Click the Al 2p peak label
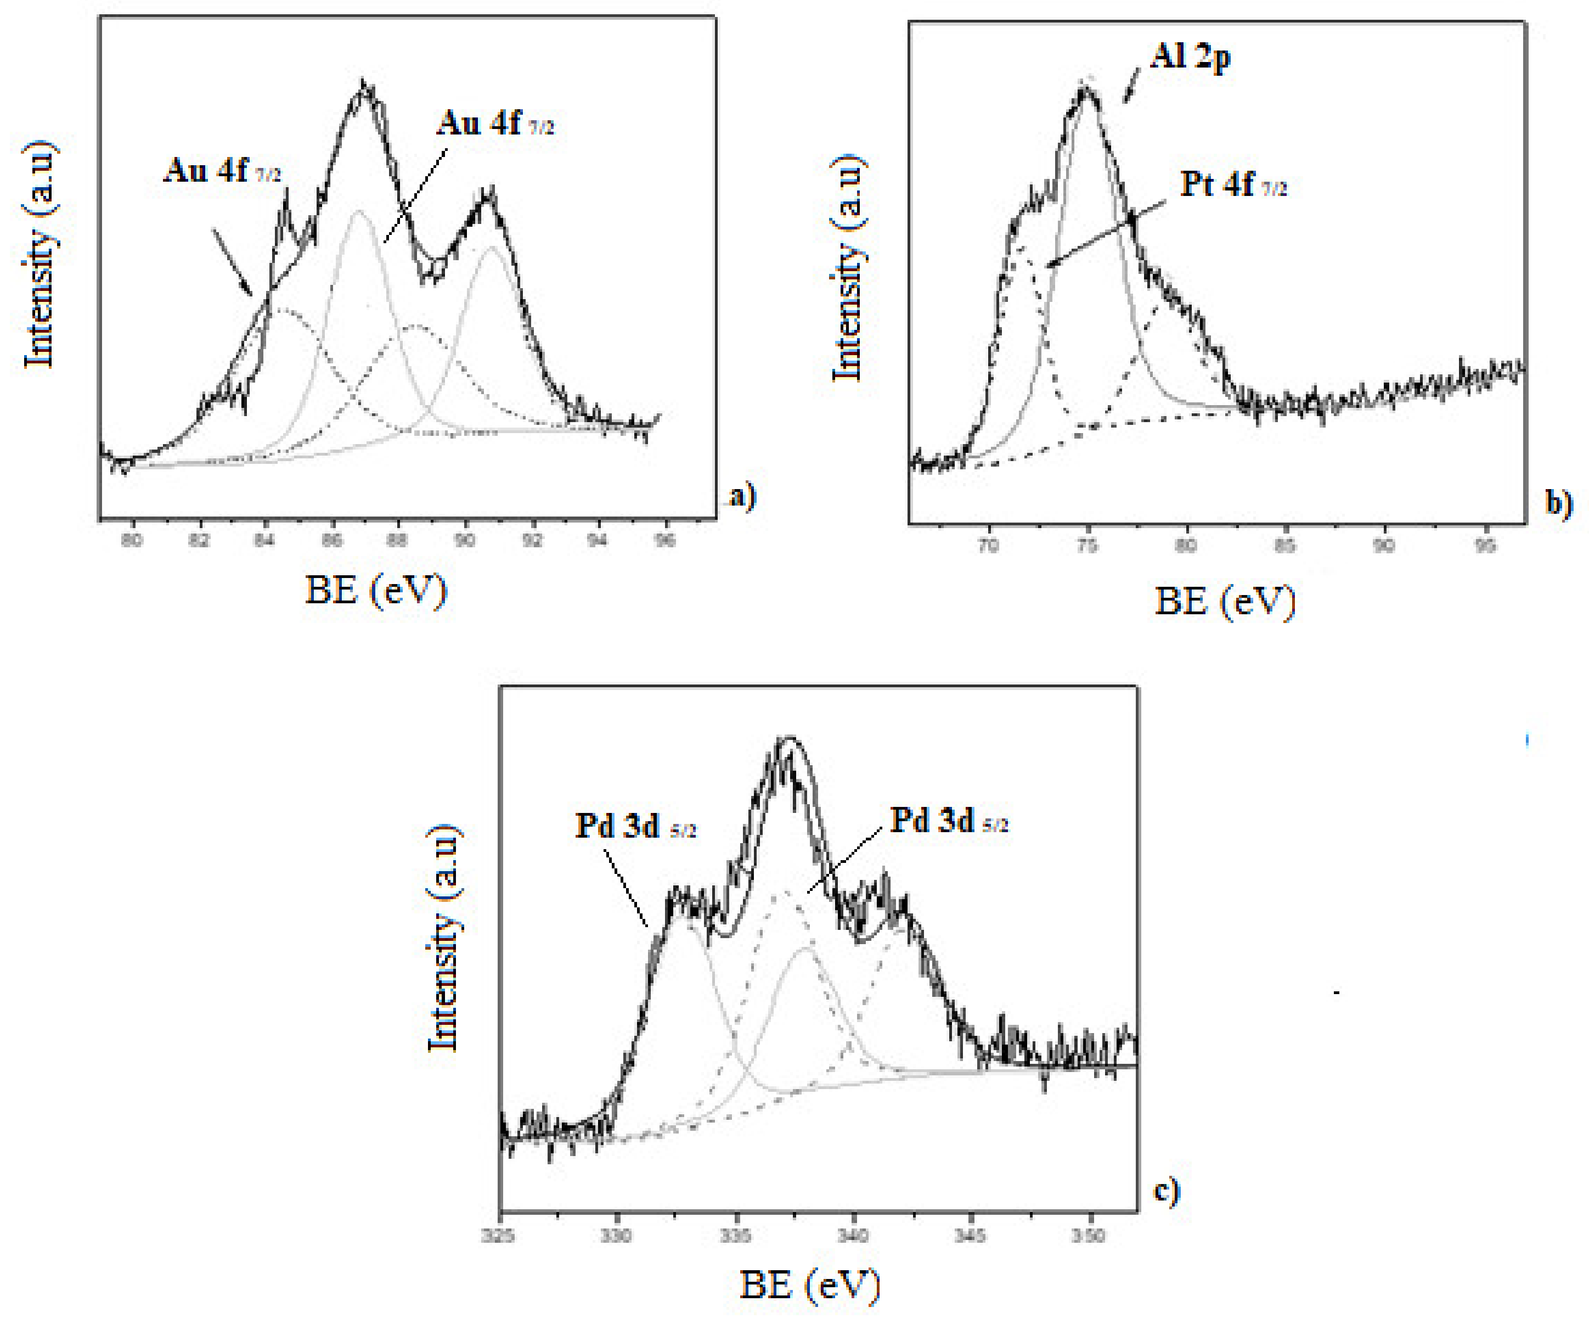pos(1190,57)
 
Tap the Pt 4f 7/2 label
pos(1232,184)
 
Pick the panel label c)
pos(1166,1191)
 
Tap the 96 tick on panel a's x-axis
pos(664,540)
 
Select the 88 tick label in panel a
pos(398,540)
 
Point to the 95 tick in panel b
pos(1485,545)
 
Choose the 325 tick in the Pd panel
pos(499,1236)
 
